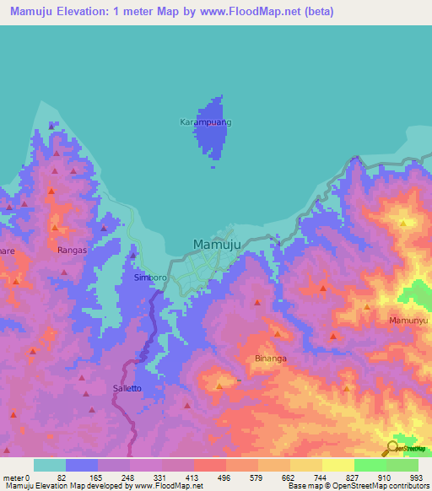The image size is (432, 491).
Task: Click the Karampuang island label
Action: [x=205, y=122]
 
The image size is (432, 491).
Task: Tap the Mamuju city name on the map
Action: [x=218, y=245]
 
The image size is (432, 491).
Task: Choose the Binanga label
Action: [x=271, y=358]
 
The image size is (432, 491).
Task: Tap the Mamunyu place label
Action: [x=408, y=321]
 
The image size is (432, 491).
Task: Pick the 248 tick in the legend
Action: [x=127, y=478]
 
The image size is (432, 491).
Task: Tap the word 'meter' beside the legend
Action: [x=13, y=478]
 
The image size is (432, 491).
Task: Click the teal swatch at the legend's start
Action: [x=49, y=465]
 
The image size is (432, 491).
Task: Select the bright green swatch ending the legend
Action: [x=402, y=465]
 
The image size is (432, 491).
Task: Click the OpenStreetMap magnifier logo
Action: [x=392, y=449]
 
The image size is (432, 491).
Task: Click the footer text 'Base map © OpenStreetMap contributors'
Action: [x=358, y=486]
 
